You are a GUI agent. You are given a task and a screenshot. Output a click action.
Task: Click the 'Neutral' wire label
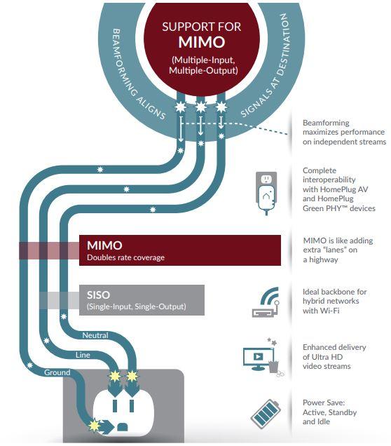pos(95,335)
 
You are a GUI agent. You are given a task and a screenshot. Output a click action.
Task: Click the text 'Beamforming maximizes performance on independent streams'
pos(343,133)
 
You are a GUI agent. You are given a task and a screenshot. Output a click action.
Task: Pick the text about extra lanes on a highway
pos(338,250)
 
